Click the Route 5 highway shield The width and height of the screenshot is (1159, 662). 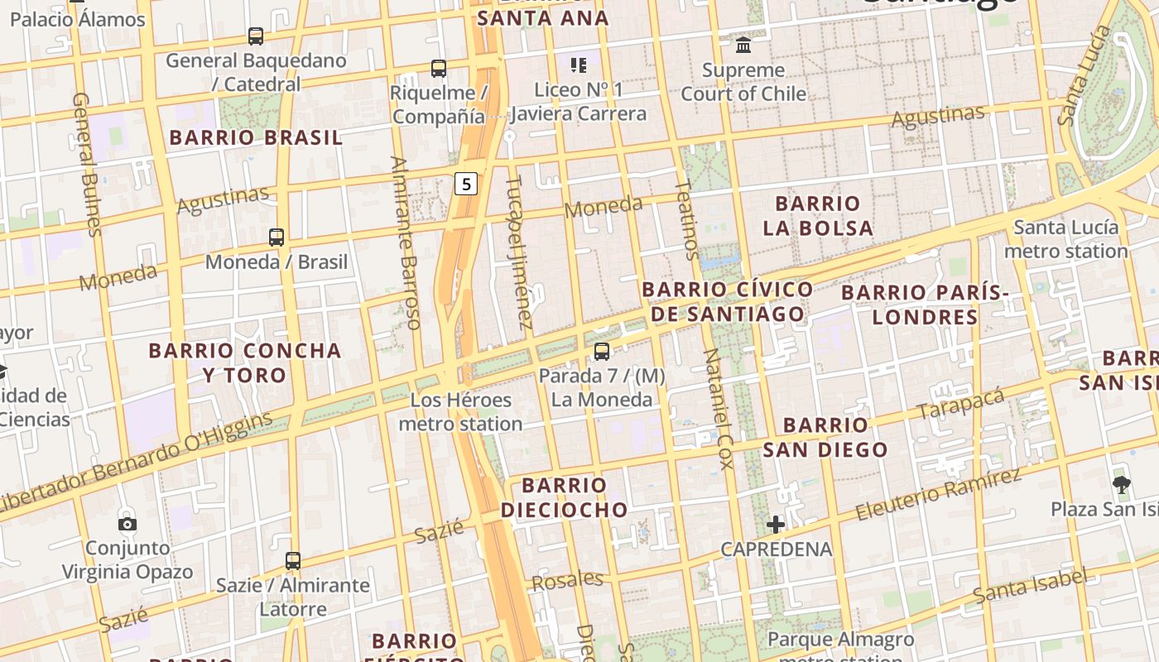point(466,184)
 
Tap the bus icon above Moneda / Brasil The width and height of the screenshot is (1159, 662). point(277,237)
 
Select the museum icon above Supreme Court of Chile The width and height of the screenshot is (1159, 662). point(743,45)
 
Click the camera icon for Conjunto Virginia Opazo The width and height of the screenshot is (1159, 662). point(127,524)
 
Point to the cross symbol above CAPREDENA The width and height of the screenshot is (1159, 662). point(775,524)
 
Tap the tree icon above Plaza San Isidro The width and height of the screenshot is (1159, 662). point(1121,485)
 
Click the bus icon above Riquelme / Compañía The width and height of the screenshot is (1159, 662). point(438,69)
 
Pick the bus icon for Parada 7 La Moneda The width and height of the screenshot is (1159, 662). point(602,352)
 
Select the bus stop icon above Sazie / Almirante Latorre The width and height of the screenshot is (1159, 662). point(292,561)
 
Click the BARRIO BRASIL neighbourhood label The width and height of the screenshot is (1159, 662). point(256,137)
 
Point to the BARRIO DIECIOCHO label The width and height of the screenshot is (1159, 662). point(565,497)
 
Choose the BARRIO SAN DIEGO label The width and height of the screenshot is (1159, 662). point(825,438)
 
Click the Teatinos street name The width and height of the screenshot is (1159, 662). point(687,219)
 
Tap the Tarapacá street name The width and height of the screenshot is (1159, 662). point(961,402)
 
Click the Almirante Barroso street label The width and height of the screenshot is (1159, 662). point(406,242)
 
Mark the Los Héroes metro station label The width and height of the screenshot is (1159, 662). point(461,412)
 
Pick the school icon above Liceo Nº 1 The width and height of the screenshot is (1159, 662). point(578,65)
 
